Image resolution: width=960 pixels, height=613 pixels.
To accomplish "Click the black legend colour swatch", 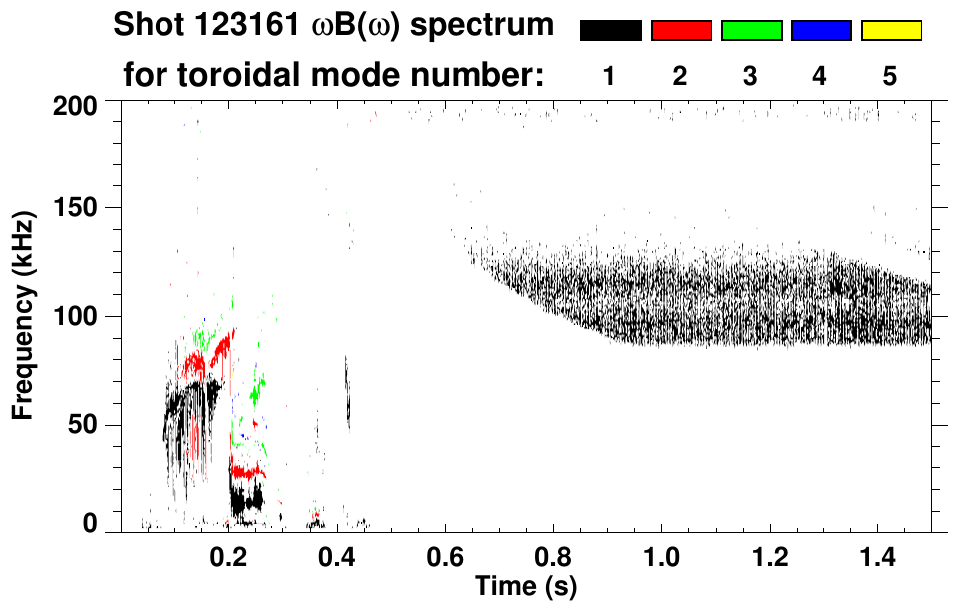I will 611,31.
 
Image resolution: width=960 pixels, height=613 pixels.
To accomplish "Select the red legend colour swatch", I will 681,31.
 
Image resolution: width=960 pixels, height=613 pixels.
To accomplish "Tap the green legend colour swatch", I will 751,31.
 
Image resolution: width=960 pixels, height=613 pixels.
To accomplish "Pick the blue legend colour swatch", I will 820,31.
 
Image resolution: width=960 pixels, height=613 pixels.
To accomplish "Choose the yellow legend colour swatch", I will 891,31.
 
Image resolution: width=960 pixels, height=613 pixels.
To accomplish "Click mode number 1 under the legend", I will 609,76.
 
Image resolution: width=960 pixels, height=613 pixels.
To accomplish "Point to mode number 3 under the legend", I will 751,76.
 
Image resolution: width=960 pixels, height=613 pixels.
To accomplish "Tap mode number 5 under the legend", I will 891,76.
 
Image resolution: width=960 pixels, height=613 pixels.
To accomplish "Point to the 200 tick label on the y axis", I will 74,105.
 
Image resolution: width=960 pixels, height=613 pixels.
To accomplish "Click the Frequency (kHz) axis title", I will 24,313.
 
